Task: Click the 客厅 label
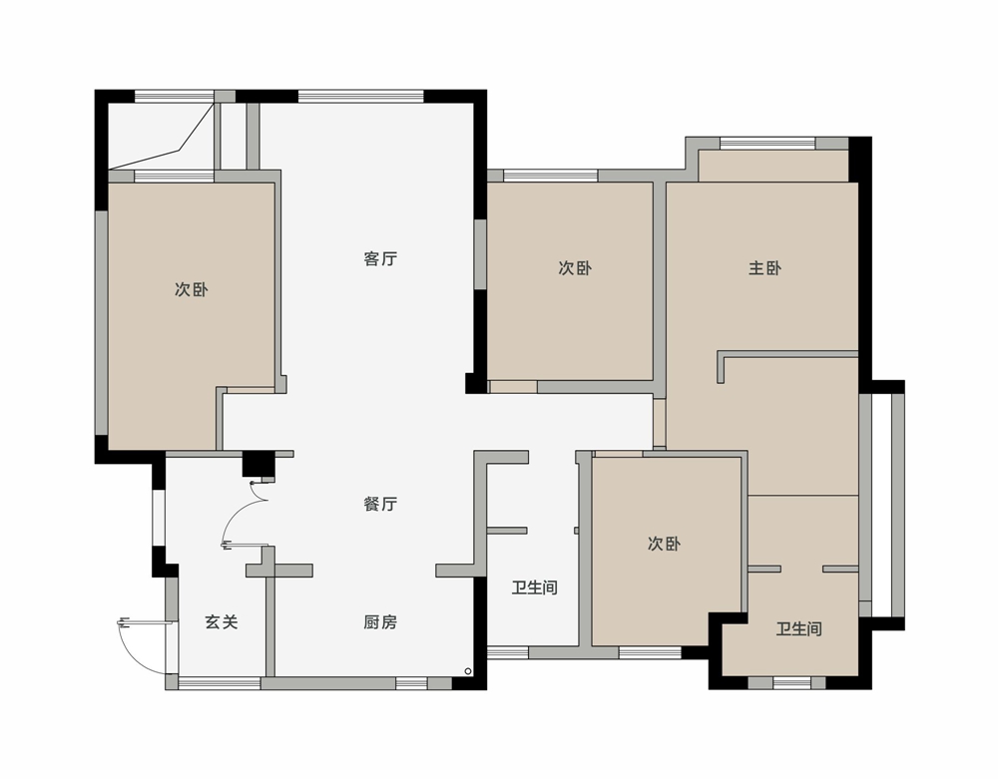[380, 258]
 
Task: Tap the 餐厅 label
[380, 505]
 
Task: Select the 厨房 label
[380, 622]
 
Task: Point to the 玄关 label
[222, 622]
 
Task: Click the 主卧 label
[765, 268]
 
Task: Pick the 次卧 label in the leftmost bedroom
[192, 290]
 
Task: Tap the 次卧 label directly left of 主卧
[576, 268]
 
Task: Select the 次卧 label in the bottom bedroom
[665, 544]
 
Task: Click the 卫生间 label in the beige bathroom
[798, 629]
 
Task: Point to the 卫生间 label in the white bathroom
[535, 587]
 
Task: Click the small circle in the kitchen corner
[468, 671]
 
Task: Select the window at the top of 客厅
[361, 96]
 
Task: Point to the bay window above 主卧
[767, 144]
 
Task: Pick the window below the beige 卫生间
[791, 683]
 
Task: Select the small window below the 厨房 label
[411, 683]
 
